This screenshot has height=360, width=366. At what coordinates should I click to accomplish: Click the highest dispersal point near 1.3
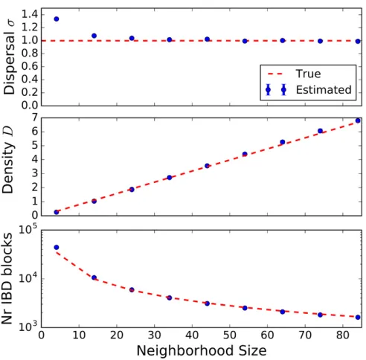click(57, 19)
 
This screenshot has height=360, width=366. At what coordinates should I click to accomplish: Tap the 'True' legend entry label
click(308, 74)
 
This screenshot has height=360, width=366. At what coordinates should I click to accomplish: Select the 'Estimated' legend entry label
click(324, 90)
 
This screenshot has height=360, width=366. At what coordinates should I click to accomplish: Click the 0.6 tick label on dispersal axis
click(30, 66)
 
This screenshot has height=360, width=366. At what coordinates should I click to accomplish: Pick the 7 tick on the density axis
click(34, 118)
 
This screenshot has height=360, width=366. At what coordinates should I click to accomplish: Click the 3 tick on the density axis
click(34, 173)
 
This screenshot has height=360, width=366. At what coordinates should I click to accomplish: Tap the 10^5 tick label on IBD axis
click(28, 229)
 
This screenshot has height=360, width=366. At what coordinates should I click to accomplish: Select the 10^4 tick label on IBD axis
click(28, 277)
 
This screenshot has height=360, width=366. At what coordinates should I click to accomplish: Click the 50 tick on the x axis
click(229, 335)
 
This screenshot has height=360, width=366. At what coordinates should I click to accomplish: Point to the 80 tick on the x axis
click(343, 335)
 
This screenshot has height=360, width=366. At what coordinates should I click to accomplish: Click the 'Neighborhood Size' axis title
click(202, 351)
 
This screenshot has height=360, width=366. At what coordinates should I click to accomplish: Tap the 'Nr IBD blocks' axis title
click(7, 278)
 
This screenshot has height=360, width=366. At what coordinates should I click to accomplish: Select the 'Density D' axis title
click(7, 160)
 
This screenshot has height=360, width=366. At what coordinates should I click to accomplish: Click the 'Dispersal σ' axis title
click(9, 57)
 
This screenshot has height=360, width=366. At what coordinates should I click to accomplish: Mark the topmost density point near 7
click(358, 120)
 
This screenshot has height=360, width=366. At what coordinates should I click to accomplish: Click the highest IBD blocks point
click(57, 247)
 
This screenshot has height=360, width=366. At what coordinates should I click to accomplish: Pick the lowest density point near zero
click(57, 212)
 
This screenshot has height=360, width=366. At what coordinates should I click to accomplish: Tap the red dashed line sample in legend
click(275, 74)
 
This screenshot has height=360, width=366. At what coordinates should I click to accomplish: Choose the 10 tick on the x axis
click(79, 335)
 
